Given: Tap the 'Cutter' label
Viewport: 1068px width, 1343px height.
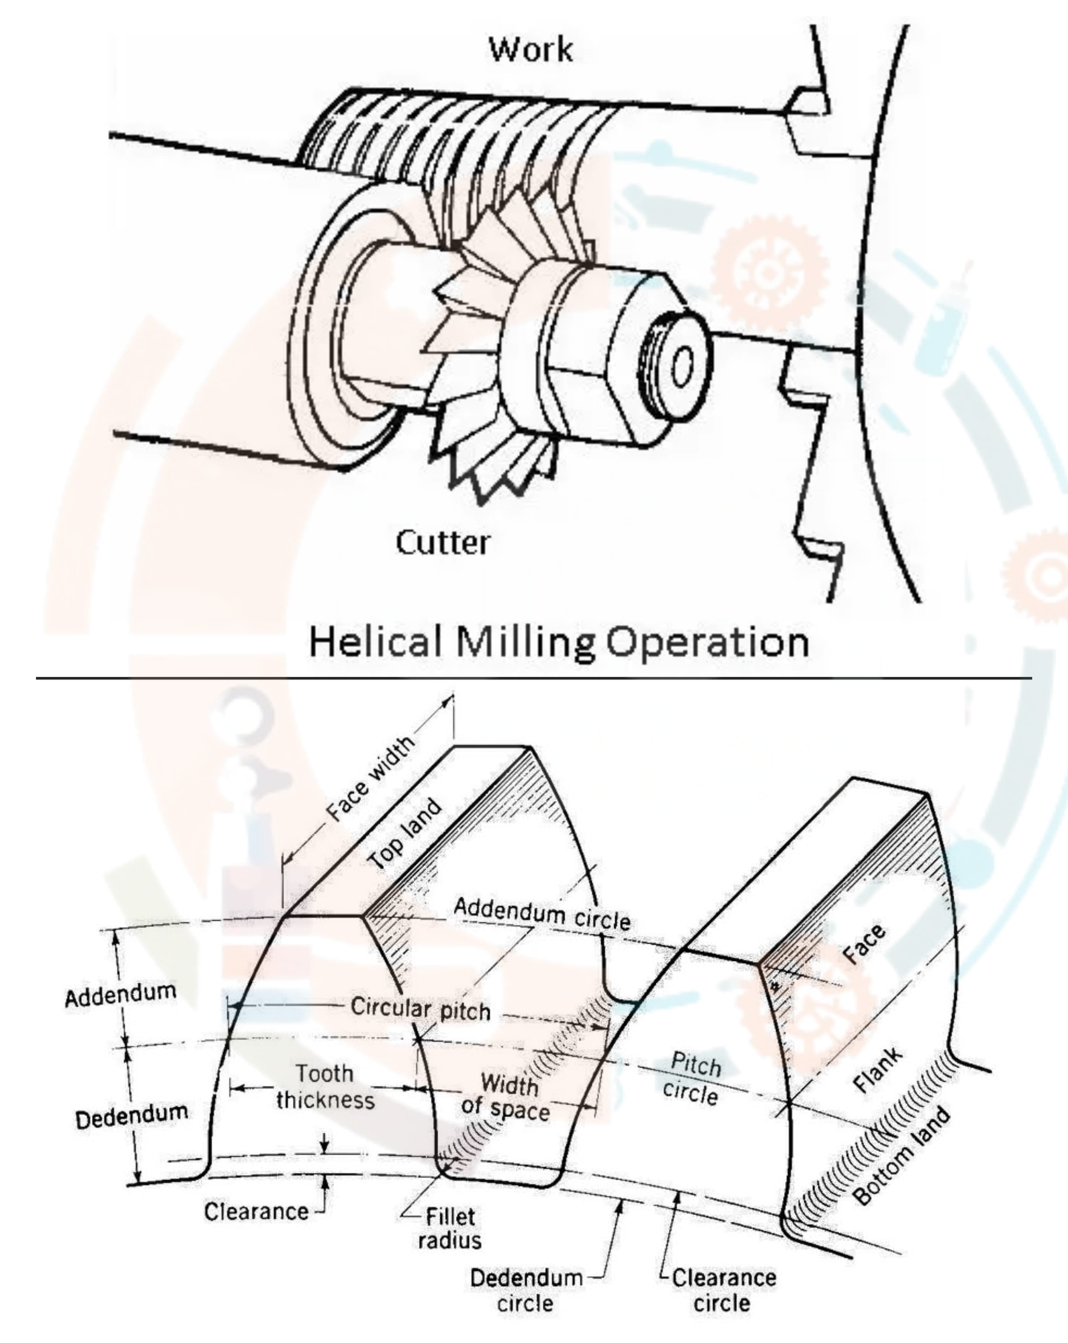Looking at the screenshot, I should coord(443,543).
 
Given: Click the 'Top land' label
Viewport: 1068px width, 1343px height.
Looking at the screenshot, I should coord(405,834).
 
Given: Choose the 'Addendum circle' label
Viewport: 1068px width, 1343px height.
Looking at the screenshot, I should coord(542,913).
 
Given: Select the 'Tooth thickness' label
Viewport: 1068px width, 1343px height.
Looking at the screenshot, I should coord(325,1087).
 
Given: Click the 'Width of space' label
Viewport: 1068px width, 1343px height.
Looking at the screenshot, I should coord(506,1098).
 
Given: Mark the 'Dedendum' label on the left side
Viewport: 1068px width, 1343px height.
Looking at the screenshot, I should coord(131,1116).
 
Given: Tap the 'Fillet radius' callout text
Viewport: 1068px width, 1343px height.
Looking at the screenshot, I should coord(450,1228).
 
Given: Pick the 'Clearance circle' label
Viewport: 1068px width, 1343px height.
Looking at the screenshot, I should coord(723,1289).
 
